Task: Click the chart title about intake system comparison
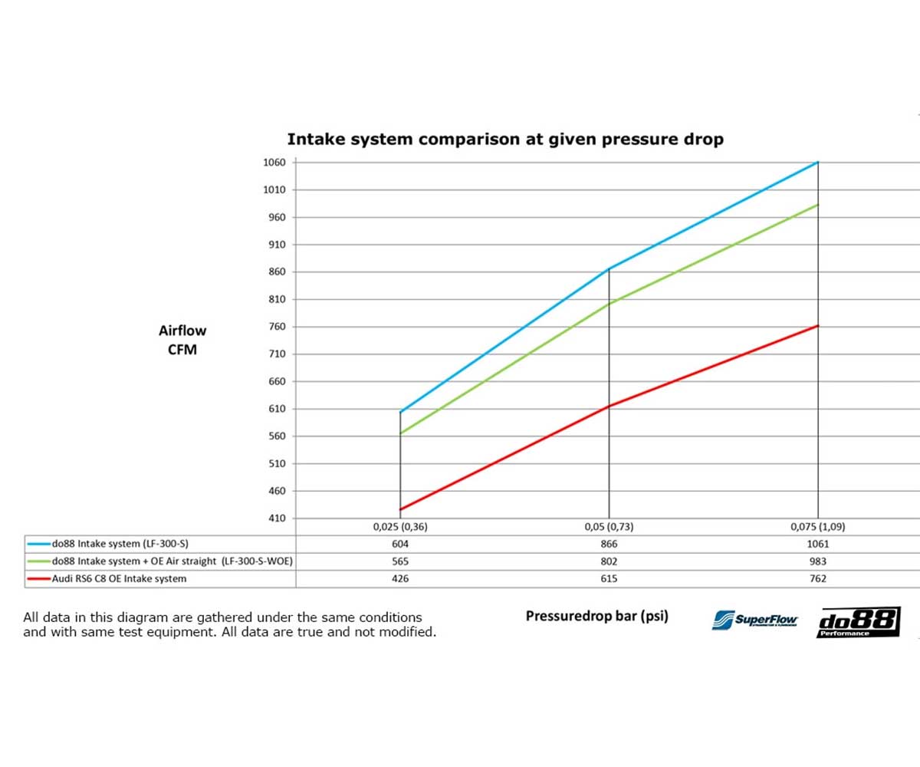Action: tap(504, 140)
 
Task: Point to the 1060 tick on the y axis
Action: tap(274, 163)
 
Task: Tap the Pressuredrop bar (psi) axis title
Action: tap(596, 616)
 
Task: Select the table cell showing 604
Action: tap(400, 544)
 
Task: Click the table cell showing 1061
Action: tap(818, 544)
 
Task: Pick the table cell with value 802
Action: tap(609, 561)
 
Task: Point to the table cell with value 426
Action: tap(400, 579)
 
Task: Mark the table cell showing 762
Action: tap(818, 579)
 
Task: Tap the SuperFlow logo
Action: tap(755, 620)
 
